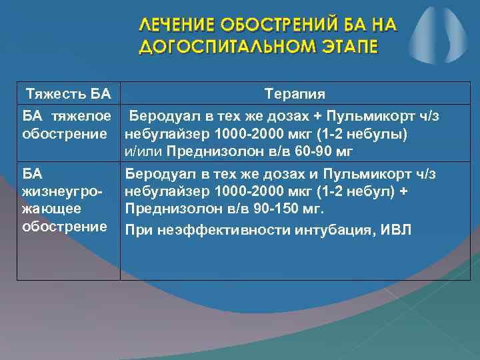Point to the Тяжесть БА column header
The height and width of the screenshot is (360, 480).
(x=67, y=92)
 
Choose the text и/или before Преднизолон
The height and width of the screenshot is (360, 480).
(x=144, y=151)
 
